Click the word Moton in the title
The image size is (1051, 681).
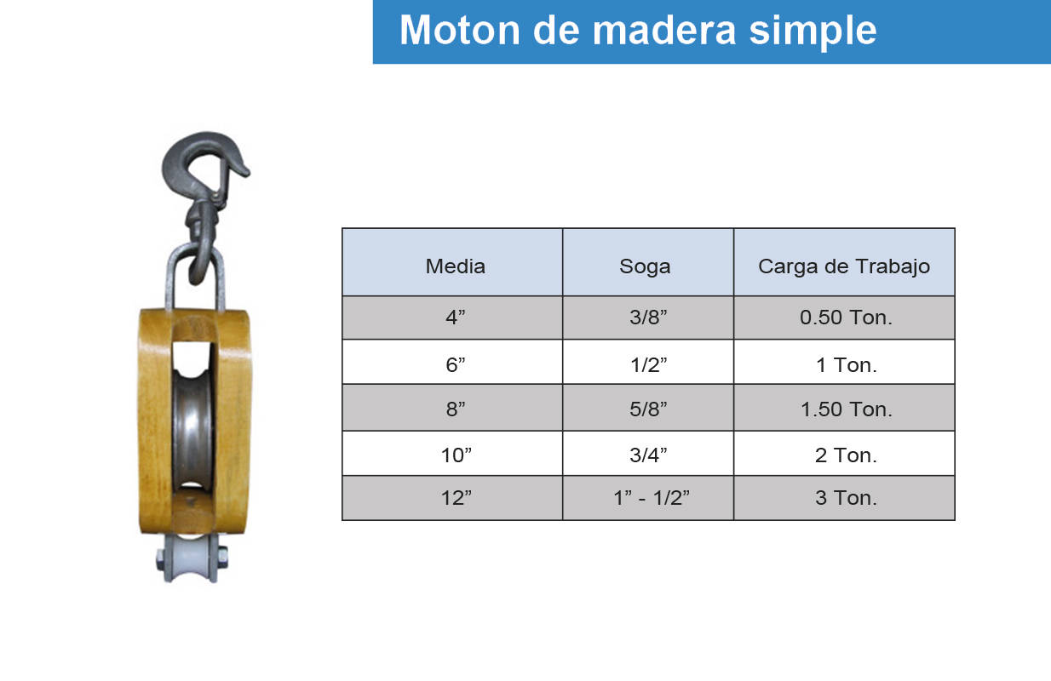(460, 30)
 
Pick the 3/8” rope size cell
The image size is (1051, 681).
(648, 318)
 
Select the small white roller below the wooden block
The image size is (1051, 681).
(192, 558)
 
